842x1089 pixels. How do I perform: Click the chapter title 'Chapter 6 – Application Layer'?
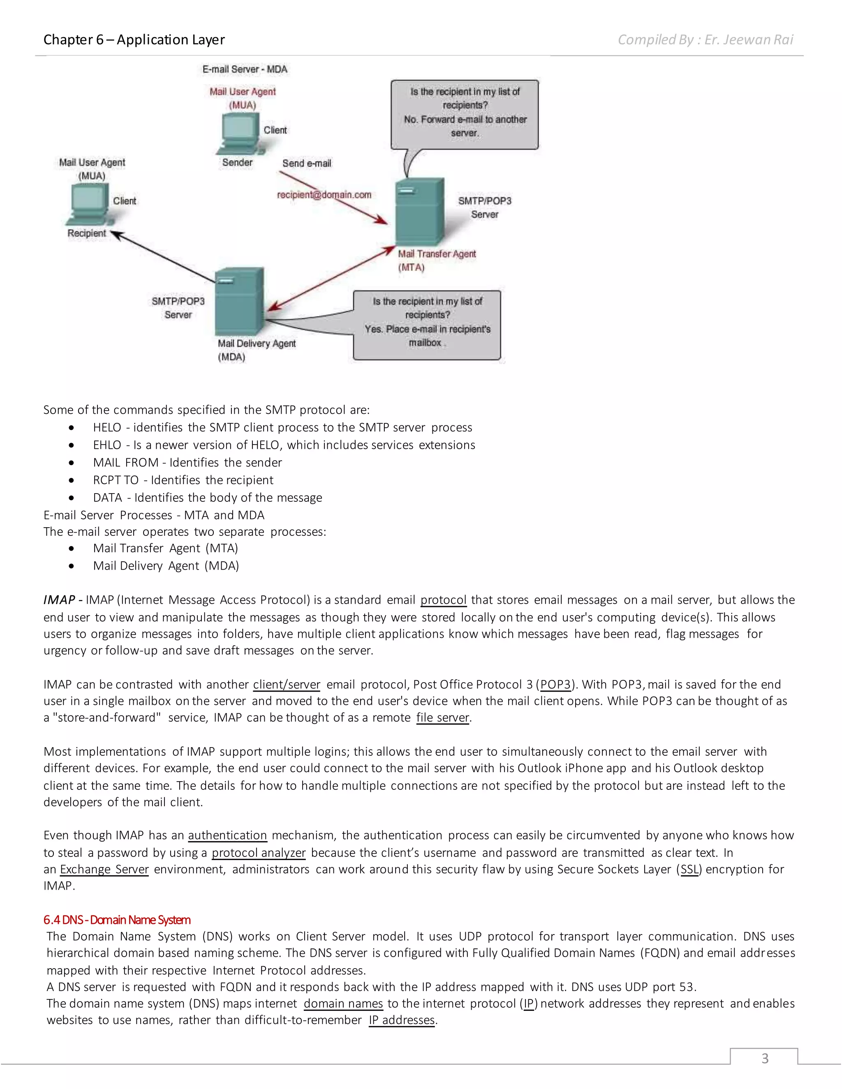(x=134, y=39)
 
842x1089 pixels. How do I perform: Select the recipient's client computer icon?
(x=89, y=204)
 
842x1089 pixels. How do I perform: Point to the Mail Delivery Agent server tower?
(x=239, y=302)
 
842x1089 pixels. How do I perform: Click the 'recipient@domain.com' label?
(x=324, y=194)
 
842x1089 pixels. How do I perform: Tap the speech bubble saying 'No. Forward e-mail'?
(x=465, y=114)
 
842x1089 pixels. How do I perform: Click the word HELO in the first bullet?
(x=107, y=427)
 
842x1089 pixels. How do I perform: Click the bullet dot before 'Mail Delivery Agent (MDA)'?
(x=72, y=566)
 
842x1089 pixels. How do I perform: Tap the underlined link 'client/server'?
(x=286, y=685)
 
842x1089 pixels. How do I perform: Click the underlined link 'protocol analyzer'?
(x=258, y=853)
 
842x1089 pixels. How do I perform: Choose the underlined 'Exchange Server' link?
(x=104, y=869)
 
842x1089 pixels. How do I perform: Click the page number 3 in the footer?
(x=764, y=1058)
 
